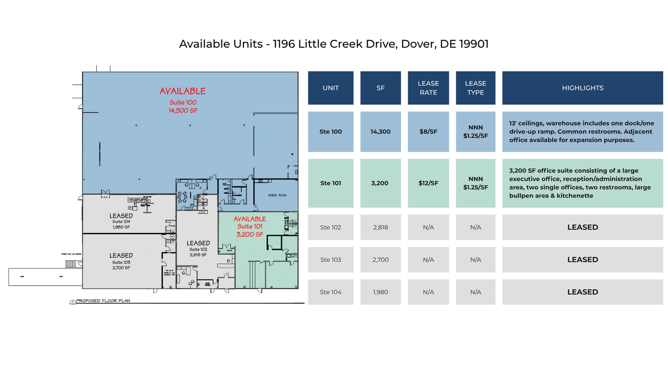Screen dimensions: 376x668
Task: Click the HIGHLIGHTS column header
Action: coord(582,88)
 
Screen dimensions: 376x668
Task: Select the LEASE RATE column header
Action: coord(428,88)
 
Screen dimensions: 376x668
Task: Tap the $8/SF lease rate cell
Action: coord(428,132)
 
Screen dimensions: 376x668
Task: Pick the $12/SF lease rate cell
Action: coord(428,183)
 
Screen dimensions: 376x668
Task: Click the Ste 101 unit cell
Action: coord(330,183)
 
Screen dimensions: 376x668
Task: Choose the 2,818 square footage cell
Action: coord(380,227)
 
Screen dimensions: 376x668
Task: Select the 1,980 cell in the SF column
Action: coord(380,292)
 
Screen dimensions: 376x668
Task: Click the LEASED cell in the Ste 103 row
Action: coord(582,259)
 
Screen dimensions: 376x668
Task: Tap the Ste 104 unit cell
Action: coord(330,292)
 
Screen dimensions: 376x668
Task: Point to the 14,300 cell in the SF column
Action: coord(380,132)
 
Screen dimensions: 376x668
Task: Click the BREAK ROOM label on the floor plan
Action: coord(277,195)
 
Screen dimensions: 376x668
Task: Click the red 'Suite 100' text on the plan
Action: coord(183,102)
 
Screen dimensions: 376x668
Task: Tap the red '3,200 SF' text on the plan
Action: coord(250,234)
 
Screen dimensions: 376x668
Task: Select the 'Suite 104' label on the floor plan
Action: coord(121,222)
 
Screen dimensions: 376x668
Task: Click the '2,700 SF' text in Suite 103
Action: coord(121,268)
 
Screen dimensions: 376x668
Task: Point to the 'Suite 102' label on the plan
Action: coord(198,249)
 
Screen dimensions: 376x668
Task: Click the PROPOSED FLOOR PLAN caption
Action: coord(103,301)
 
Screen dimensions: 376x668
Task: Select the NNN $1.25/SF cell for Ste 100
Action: coord(475,132)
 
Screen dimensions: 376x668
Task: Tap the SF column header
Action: coord(380,88)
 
